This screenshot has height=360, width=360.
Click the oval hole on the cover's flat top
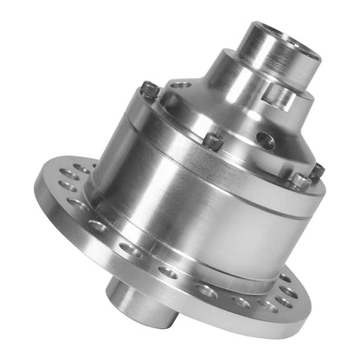point(180,85)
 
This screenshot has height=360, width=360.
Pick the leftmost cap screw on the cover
point(149,88)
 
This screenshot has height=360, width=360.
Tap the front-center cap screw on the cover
point(213,138)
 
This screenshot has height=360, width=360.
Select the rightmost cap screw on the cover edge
point(317,170)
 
